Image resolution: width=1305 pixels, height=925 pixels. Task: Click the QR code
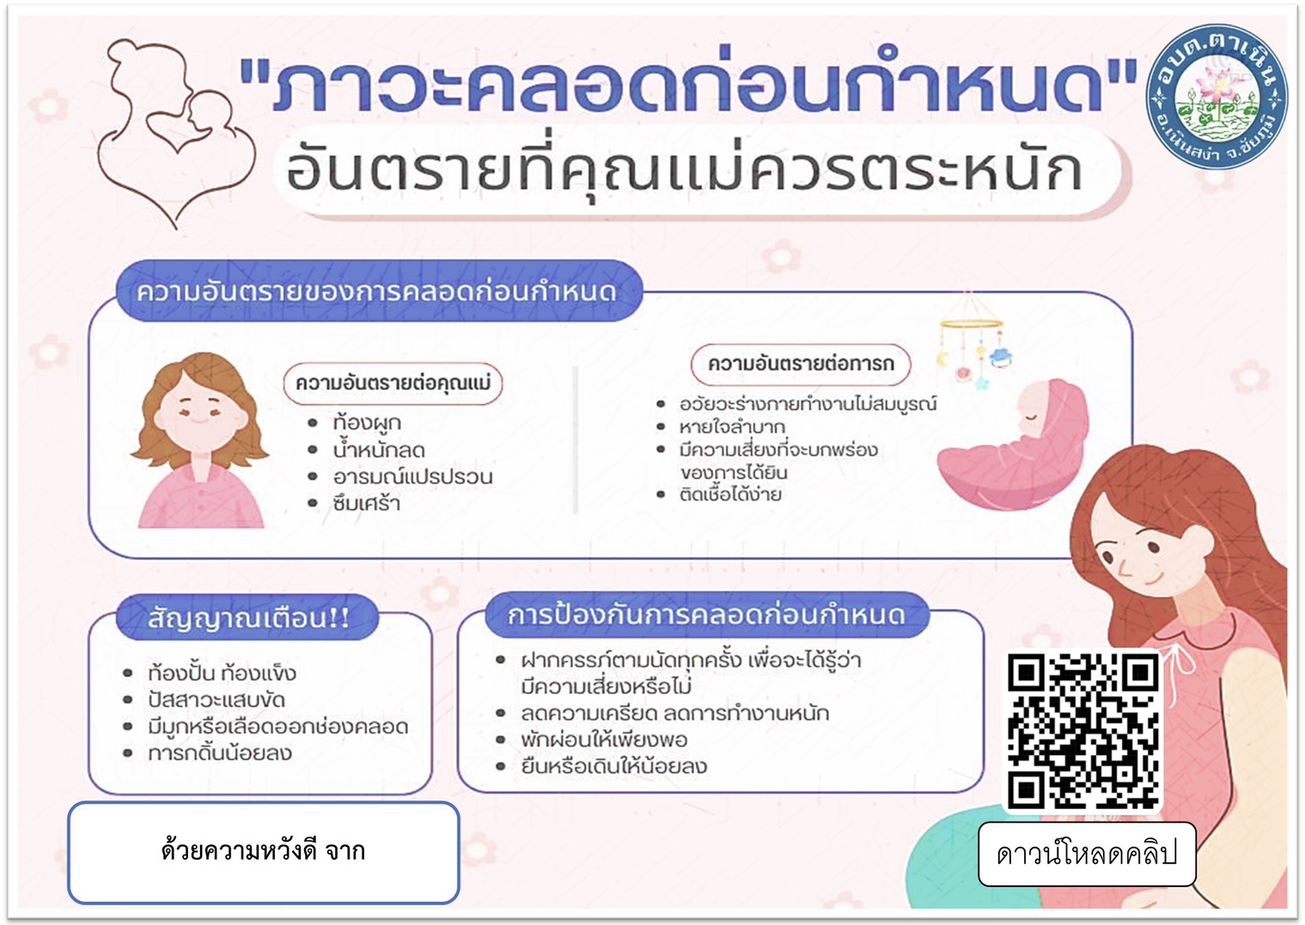click(1083, 731)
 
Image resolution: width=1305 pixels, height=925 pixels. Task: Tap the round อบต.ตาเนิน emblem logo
click(1217, 97)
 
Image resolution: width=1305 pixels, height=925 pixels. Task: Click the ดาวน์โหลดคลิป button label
click(1087, 854)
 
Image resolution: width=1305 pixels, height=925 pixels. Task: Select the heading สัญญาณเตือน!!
click(248, 618)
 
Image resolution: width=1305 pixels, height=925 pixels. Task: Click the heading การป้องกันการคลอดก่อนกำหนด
click(707, 615)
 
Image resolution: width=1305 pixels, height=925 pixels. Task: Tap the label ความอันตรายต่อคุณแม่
click(393, 384)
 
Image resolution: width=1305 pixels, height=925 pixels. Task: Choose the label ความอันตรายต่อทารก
click(801, 364)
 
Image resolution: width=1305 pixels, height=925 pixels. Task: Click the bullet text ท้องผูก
click(367, 423)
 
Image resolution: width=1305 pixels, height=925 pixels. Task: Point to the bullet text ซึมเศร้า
click(367, 503)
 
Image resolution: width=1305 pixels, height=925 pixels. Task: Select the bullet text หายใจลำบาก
click(732, 427)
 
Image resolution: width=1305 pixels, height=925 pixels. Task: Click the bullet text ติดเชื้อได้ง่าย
click(730, 495)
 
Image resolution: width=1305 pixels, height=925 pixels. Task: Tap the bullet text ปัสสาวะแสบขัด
click(216, 700)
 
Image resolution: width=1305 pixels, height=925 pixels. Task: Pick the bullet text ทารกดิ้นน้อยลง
click(220, 753)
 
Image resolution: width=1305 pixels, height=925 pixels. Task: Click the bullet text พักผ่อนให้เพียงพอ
click(604, 739)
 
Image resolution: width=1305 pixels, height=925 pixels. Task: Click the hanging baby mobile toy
click(971, 340)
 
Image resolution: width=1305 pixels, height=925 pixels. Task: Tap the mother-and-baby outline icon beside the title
click(174, 131)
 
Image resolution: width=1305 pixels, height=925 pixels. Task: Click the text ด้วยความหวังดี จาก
click(264, 852)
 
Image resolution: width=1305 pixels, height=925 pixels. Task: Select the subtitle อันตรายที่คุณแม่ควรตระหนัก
click(684, 169)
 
